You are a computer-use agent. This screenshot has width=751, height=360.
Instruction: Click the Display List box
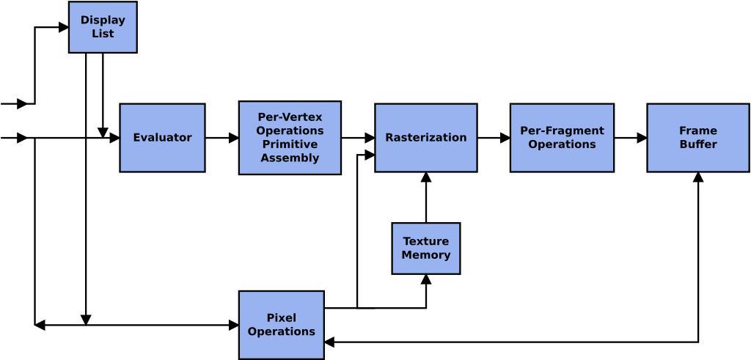(x=103, y=27)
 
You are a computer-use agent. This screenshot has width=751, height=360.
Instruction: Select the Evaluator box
(x=162, y=138)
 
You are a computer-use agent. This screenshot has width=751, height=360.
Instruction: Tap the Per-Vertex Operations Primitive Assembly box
(x=290, y=138)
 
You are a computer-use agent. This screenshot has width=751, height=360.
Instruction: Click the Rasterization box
(x=425, y=138)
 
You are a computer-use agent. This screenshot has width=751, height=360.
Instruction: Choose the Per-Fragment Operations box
(x=562, y=138)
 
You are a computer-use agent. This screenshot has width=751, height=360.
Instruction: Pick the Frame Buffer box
(x=697, y=138)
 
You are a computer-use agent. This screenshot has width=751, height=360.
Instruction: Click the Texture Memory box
(x=425, y=249)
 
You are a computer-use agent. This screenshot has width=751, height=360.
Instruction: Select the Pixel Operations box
(x=281, y=325)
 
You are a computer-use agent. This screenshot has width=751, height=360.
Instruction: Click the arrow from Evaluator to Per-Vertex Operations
(x=221, y=138)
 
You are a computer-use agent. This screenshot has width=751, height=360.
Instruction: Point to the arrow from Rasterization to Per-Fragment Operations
(x=493, y=138)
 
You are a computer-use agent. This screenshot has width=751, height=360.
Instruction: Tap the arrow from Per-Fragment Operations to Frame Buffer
(x=630, y=138)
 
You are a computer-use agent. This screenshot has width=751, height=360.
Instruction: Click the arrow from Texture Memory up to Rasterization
(x=425, y=198)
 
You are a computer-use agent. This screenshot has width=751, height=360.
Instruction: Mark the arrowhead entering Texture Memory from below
(x=425, y=279)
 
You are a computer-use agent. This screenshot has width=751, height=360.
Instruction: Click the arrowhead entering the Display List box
(x=63, y=28)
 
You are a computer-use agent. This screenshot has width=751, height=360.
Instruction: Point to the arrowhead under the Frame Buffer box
(x=697, y=177)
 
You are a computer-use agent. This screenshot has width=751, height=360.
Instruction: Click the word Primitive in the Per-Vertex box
(x=290, y=144)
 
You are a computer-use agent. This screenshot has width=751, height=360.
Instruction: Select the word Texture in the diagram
(x=425, y=241)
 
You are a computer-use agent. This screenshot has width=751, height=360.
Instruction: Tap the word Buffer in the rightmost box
(x=697, y=144)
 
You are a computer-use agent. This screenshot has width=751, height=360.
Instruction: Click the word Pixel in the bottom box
(x=281, y=318)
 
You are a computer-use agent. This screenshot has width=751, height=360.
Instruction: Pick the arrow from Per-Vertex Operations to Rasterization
(x=358, y=138)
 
